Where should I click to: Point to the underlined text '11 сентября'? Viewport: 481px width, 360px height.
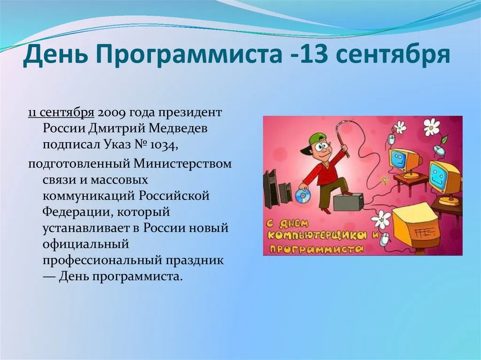(61, 113)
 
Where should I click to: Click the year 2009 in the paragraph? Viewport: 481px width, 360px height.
(111, 113)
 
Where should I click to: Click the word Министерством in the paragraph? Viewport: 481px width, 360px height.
(182, 164)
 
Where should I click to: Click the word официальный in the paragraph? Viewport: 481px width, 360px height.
(85, 245)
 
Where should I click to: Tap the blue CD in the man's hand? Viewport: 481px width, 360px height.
(301, 195)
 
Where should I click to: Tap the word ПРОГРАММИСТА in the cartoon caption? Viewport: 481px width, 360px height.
(316, 248)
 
